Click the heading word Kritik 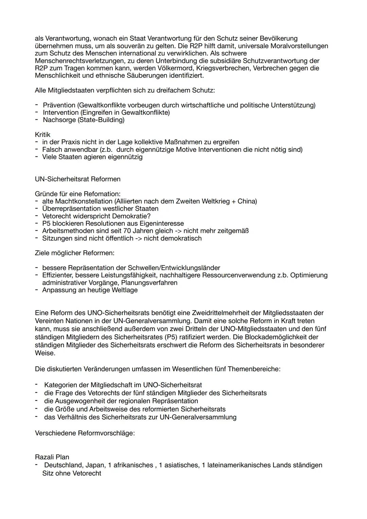click(42, 135)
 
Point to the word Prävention click(59, 105)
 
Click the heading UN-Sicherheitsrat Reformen click(77, 179)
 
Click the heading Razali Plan click(52, 457)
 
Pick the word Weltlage click(124, 290)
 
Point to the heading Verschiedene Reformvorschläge click(85, 433)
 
